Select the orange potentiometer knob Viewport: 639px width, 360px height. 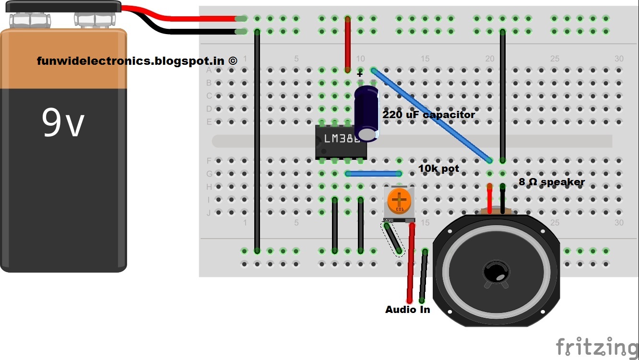click(x=399, y=199)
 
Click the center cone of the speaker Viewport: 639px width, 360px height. click(x=496, y=272)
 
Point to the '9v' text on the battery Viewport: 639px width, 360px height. click(x=63, y=123)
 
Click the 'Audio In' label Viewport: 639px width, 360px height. click(x=407, y=310)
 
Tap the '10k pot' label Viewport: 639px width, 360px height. click(x=438, y=168)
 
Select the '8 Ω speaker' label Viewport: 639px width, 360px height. click(x=552, y=182)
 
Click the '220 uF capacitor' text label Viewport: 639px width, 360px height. click(x=428, y=115)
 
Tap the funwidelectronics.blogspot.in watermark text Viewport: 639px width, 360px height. click(x=137, y=61)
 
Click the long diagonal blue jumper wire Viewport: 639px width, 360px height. click(x=432, y=116)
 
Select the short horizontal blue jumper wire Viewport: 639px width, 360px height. click(x=373, y=174)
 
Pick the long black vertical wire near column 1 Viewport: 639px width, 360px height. click(x=257, y=144)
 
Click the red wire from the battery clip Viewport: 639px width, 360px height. click(x=192, y=18)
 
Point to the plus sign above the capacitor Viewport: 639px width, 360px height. click(x=360, y=74)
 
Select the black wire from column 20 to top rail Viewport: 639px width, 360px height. click(x=502, y=96)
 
